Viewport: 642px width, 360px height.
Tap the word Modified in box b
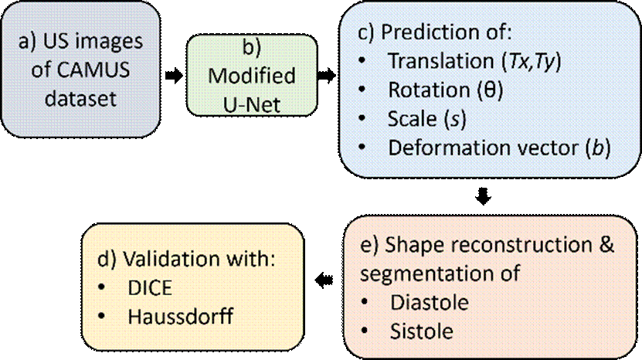252,76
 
